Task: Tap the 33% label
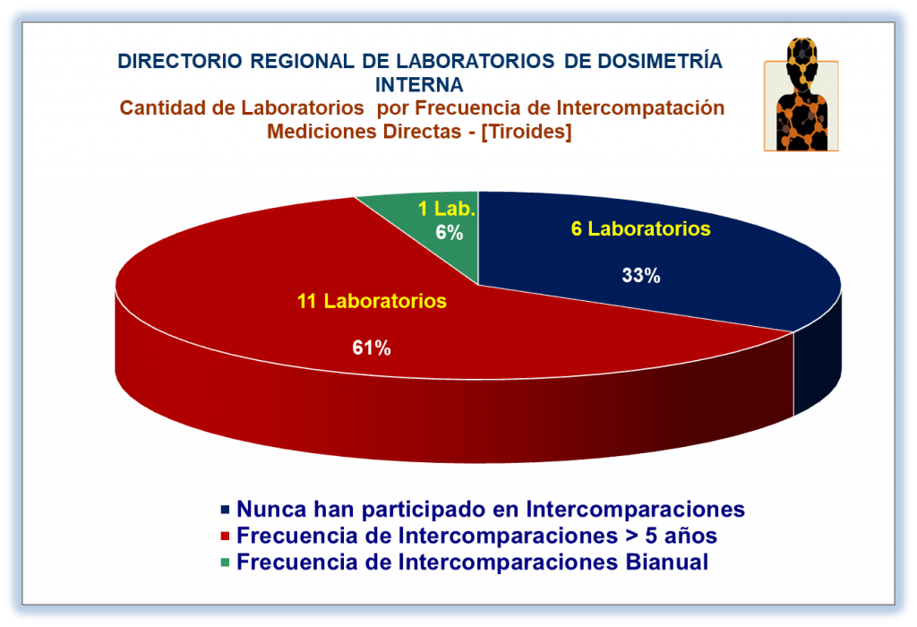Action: [x=641, y=276]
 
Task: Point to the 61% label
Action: [x=372, y=348]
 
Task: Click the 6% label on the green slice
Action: [x=450, y=233]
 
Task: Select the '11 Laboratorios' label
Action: [x=372, y=301]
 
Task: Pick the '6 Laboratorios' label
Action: [x=641, y=228]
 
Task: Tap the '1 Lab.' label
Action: [x=447, y=209]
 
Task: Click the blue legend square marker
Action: [x=225, y=510]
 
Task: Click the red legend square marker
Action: [x=225, y=536]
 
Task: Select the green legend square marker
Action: [x=225, y=563]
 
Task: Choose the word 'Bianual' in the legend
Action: [x=666, y=563]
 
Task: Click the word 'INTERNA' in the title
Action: [x=419, y=85]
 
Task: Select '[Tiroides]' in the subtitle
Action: [x=527, y=132]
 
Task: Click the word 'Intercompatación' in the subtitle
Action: [x=640, y=108]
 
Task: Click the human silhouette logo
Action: [x=801, y=95]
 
